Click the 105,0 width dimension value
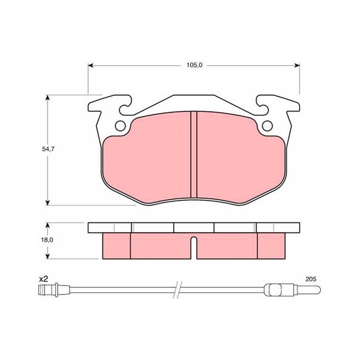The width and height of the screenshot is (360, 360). click(x=194, y=65)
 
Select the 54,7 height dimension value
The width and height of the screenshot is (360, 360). click(x=48, y=149)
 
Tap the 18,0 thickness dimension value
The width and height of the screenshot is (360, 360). click(x=48, y=240)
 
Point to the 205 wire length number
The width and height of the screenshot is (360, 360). click(x=310, y=279)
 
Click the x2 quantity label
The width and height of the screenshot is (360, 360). click(x=43, y=279)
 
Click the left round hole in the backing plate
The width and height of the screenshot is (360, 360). click(x=120, y=126)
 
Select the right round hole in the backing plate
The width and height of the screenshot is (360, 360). click(x=267, y=126)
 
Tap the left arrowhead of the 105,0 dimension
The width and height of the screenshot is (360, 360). click(x=90, y=66)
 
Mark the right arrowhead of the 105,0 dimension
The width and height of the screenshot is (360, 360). click(x=297, y=66)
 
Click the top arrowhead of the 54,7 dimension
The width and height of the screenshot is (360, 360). click(x=48, y=98)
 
